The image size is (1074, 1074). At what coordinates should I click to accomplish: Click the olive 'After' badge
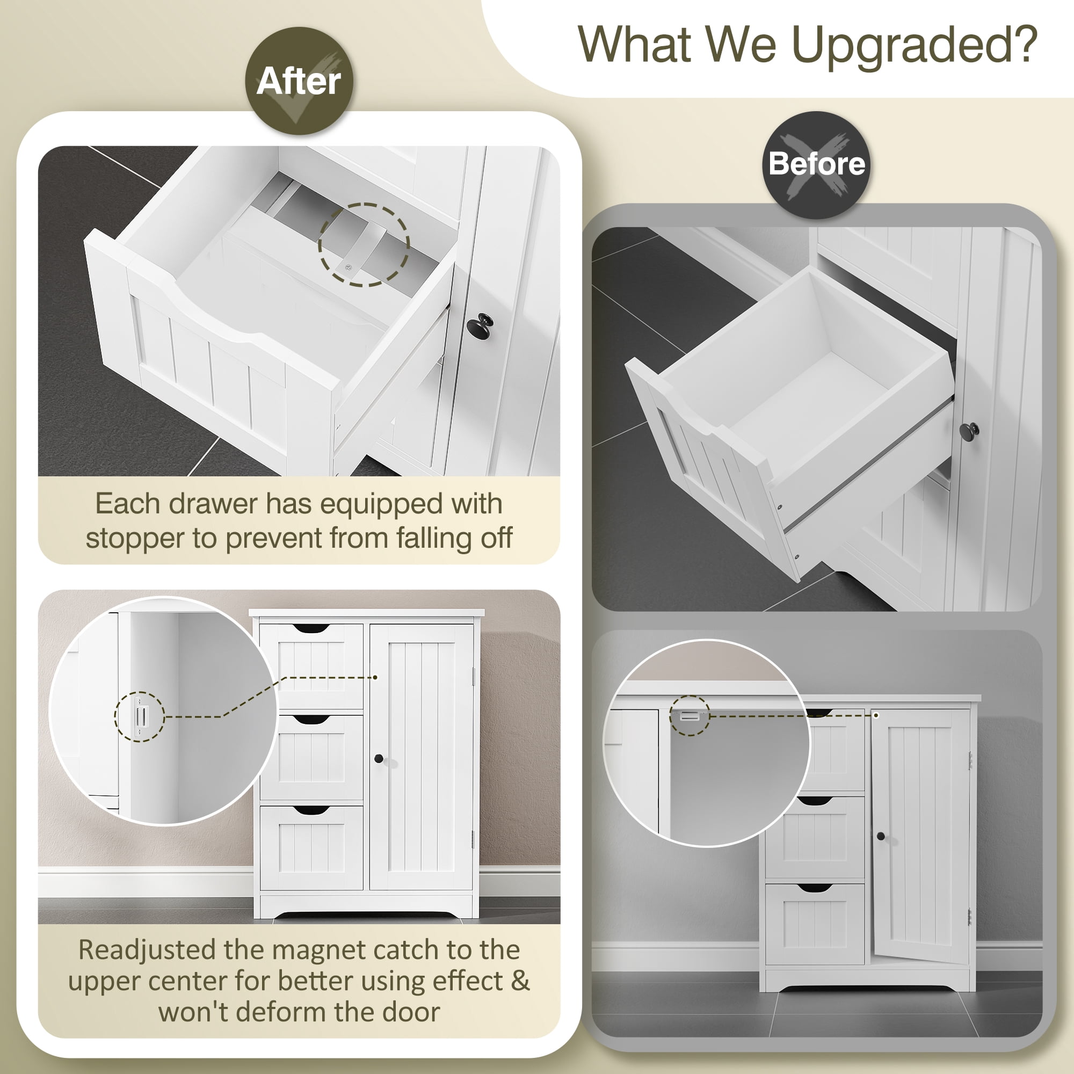click(x=299, y=81)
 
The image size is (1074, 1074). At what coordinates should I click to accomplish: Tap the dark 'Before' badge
click(x=816, y=165)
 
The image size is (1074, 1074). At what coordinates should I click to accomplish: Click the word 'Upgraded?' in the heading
click(x=914, y=47)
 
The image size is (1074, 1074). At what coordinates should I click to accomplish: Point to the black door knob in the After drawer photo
click(x=479, y=325)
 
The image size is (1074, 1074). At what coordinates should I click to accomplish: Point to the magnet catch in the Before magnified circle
click(x=690, y=716)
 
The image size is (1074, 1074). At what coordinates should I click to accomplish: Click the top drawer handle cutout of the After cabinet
click(x=311, y=629)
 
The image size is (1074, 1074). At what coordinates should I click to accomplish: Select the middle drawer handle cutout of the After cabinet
click(x=311, y=720)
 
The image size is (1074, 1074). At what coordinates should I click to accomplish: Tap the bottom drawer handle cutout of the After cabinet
click(x=311, y=811)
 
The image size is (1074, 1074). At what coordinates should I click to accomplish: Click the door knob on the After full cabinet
click(x=379, y=759)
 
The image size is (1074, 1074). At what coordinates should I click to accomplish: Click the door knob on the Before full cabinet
click(x=881, y=836)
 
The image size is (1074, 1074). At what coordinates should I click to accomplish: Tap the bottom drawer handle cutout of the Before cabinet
click(x=815, y=888)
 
